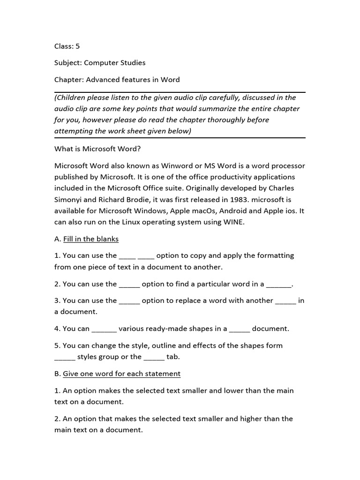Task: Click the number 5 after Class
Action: tap(78, 46)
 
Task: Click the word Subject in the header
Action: tap(67, 63)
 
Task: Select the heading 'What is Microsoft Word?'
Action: tap(97, 149)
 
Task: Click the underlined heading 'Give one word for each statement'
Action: tap(121, 374)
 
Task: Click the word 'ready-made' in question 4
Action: tap(158, 329)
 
